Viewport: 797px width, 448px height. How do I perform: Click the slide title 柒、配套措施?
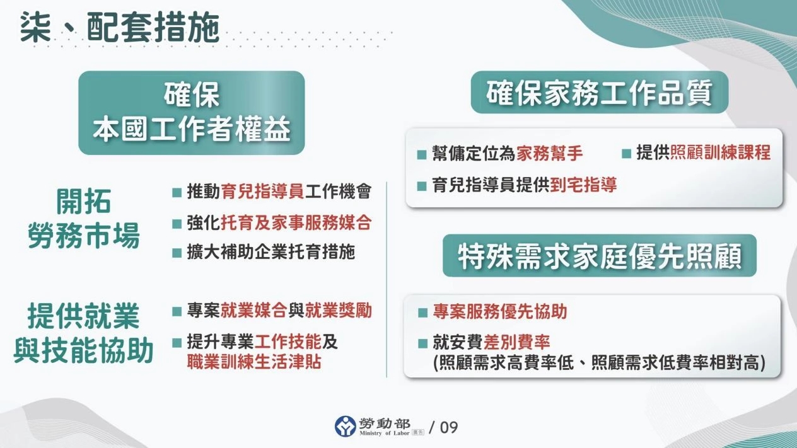(x=119, y=28)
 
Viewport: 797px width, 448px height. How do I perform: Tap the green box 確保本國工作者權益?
(x=191, y=113)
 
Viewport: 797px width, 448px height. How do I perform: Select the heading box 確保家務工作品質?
(x=599, y=93)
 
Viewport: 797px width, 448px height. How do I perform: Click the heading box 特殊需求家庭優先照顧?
(x=599, y=256)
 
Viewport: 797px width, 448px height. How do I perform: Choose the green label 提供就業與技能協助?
(x=84, y=334)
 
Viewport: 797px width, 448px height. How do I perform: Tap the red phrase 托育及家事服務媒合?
(x=296, y=222)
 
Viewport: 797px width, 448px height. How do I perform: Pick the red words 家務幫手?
(x=549, y=153)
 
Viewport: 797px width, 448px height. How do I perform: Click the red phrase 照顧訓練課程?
(x=720, y=153)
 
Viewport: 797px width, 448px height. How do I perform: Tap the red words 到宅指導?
(x=583, y=185)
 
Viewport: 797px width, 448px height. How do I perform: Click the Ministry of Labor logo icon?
(x=346, y=427)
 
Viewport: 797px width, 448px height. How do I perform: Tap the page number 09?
(x=449, y=427)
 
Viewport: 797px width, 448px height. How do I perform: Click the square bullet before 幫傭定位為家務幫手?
(x=422, y=154)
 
